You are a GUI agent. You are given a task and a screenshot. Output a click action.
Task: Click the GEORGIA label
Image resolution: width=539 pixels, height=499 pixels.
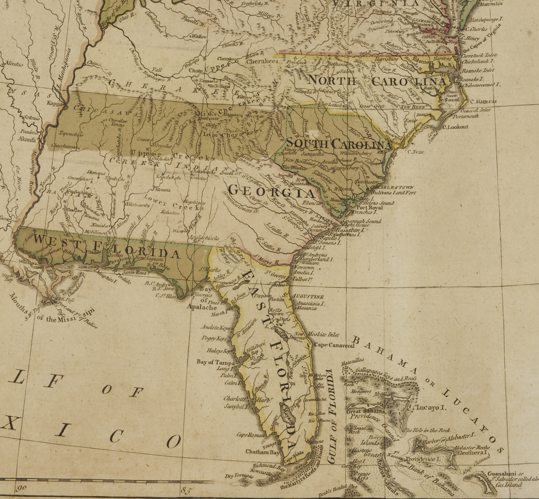[x=272, y=191]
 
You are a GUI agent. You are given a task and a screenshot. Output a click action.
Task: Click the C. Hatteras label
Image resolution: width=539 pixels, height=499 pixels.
[x=483, y=102]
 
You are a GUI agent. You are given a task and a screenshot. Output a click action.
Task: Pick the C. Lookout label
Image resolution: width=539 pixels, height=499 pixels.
[x=455, y=127]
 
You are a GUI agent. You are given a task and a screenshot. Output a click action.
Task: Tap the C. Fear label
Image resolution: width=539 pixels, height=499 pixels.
[x=416, y=152]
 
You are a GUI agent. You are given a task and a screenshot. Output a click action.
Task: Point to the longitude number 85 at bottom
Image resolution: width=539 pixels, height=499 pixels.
[x=186, y=490]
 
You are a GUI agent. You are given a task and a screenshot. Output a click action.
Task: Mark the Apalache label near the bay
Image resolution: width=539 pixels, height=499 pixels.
[x=202, y=307]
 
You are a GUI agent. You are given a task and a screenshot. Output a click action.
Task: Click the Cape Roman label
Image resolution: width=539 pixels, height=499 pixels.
[x=251, y=435]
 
